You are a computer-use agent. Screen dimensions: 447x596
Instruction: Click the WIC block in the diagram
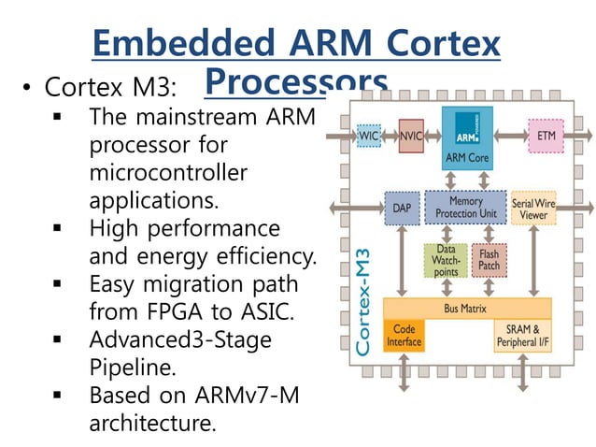[369, 136]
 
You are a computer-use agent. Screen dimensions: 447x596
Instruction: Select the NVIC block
[411, 136]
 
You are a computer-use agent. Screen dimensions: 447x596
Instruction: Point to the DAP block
[399, 207]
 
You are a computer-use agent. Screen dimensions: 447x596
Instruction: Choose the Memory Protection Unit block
[466, 207]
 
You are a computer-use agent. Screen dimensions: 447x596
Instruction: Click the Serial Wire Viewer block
[533, 207]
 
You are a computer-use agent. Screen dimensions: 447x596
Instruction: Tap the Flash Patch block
[489, 259]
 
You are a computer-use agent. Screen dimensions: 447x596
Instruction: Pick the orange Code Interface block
[404, 336]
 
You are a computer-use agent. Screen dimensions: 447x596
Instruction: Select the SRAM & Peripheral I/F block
[522, 336]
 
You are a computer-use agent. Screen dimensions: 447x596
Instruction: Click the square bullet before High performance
[58, 227]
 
